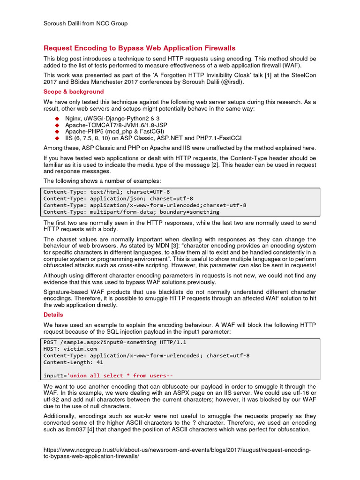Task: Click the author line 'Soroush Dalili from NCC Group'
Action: pos(85,23)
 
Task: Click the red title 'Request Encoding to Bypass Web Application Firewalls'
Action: pos(139,48)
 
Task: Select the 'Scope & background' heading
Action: pos(74,91)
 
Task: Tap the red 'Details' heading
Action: pos(53,315)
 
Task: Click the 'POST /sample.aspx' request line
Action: pos(115,342)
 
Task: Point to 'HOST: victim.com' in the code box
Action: pos(70,349)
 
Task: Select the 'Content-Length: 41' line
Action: pos(73,362)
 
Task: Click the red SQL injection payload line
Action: pos(108,375)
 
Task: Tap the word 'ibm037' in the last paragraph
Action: pos(72,429)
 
